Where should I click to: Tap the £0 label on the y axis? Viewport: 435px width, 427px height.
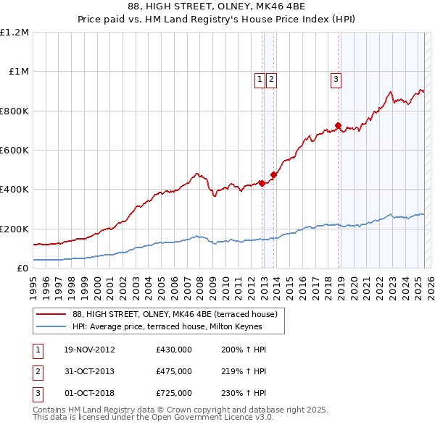coord(22,269)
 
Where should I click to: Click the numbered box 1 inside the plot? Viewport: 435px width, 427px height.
coord(259,80)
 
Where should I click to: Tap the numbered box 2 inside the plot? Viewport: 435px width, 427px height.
coord(270,80)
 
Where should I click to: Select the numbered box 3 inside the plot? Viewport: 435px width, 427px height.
coord(336,80)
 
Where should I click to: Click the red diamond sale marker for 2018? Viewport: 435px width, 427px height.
coord(339,126)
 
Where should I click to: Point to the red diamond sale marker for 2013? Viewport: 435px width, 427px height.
coord(274,174)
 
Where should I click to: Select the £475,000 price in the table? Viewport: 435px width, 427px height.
coord(173,371)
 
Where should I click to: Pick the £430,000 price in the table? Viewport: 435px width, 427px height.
coord(173,350)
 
